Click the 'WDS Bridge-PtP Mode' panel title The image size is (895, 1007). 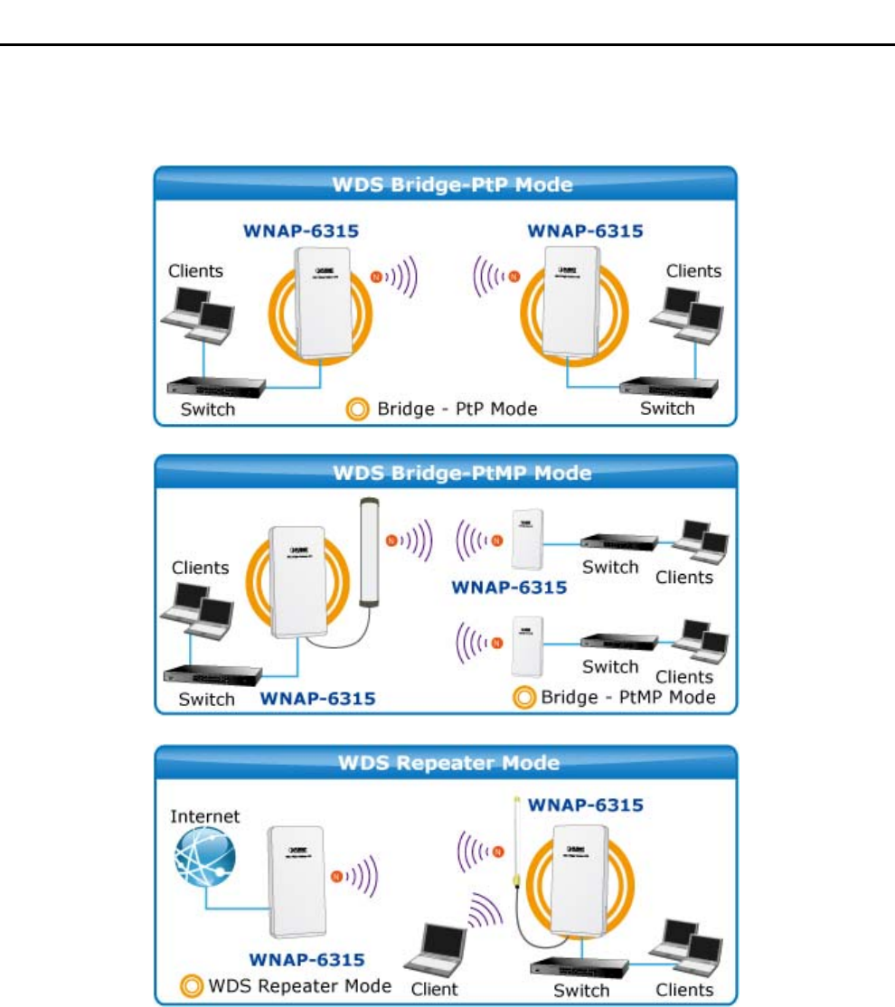click(446, 185)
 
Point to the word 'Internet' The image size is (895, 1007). click(206, 816)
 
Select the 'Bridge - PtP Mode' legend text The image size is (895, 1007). click(457, 409)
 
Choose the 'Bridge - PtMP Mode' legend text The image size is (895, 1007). click(627, 696)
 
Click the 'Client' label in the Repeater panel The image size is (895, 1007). click(435, 989)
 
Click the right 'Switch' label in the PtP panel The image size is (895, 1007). click(666, 408)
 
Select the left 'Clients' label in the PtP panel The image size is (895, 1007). click(195, 270)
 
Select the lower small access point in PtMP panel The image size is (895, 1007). click(525, 645)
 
